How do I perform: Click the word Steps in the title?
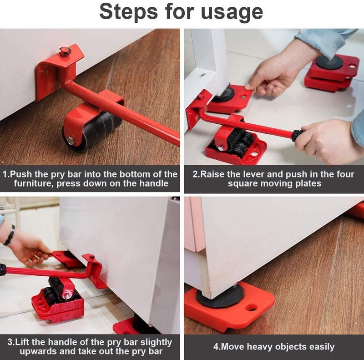pos(128,12)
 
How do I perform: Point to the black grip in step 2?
pos(297,135)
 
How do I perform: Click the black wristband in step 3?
pos(10,236)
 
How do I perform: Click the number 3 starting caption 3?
pos(10,342)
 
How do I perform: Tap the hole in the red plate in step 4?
pos(251,307)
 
